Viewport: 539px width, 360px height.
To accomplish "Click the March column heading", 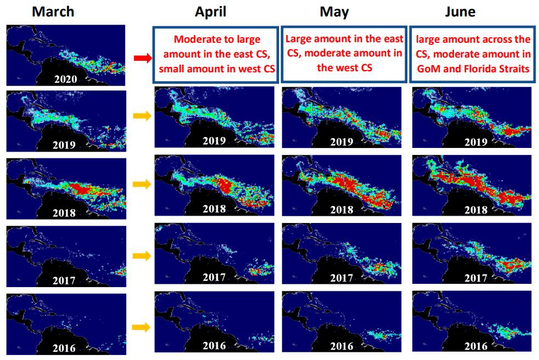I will [x=53, y=12].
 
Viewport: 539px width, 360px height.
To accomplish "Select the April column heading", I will [x=211, y=12].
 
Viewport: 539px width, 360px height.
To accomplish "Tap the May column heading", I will [x=334, y=12].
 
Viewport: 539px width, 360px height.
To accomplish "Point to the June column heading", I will [x=460, y=12].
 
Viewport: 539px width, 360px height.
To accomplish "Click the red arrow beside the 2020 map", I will [x=141, y=56].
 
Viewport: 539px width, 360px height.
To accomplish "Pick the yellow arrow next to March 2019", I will [x=141, y=116].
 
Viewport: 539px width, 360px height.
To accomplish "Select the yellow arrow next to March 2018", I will [x=141, y=185].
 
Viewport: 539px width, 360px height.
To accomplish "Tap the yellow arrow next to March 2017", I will [x=141, y=255].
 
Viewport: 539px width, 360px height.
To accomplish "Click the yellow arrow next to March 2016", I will [x=141, y=327].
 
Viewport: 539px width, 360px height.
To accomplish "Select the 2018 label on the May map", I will [x=341, y=210].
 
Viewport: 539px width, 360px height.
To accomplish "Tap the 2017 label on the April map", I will [x=214, y=277].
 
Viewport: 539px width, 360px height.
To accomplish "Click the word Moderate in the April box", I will [x=196, y=40].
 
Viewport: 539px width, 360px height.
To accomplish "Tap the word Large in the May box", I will [x=299, y=39].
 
